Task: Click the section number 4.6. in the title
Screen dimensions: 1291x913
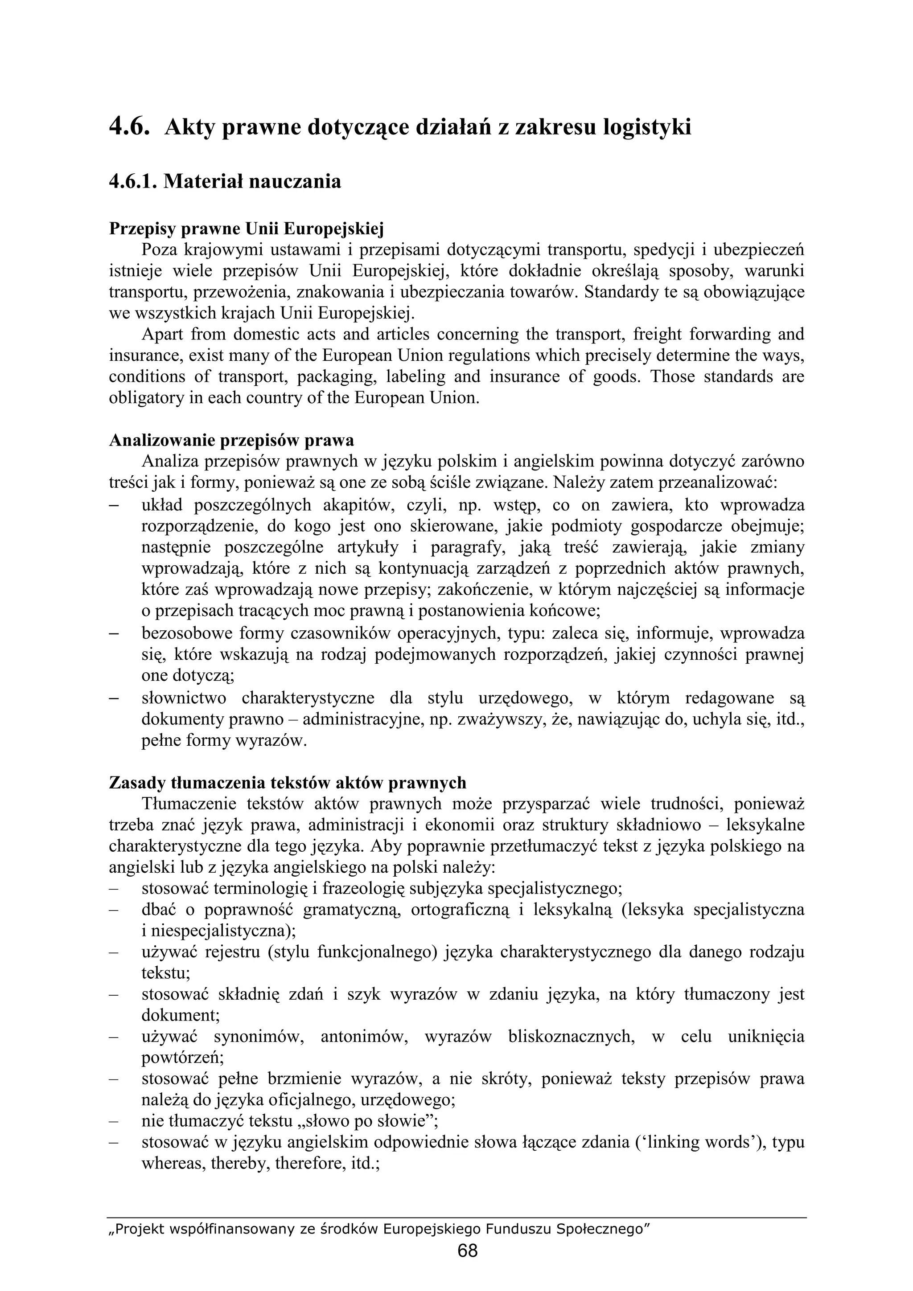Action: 129,128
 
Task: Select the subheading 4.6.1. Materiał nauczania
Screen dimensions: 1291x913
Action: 225,182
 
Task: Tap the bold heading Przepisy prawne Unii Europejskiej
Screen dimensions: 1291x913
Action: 246,229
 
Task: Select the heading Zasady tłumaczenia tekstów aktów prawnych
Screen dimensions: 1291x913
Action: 288,783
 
